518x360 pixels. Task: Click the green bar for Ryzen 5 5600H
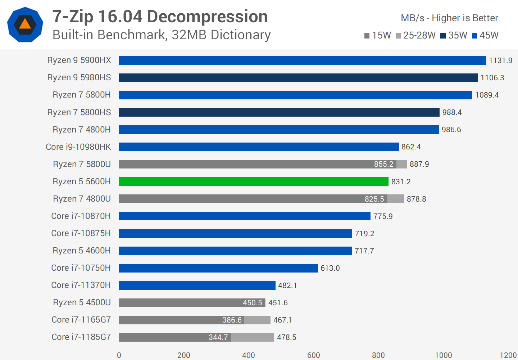pos(254,181)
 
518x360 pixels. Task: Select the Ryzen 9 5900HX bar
pos(302,60)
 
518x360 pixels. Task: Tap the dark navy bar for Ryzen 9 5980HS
pos(299,78)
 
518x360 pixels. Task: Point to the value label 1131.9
pos(500,60)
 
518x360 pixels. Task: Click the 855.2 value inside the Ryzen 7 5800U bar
pos(383,164)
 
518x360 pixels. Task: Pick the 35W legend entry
pos(454,35)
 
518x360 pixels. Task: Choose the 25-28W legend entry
pos(415,35)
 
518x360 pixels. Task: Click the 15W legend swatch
pos(367,36)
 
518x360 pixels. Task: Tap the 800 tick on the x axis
pos(378,355)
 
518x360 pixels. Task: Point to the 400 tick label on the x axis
pos(249,355)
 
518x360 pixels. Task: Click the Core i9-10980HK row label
pos(78,147)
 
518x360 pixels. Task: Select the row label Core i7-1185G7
pos(81,337)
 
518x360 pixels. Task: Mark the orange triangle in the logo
pos(25,24)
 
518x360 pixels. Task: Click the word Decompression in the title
pos(207,17)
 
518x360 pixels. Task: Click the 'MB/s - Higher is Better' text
pos(449,18)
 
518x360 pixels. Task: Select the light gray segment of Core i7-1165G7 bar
pos(257,320)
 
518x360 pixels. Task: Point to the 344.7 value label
pos(218,337)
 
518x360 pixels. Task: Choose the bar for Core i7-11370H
pos(197,285)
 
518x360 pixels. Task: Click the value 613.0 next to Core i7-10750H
pos(330,268)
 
